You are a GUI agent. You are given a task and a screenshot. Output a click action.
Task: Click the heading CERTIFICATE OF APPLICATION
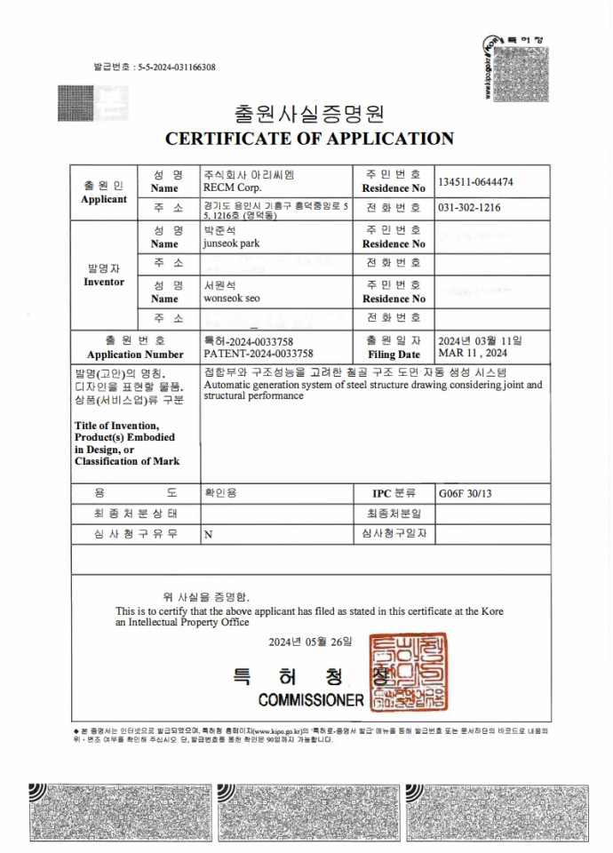[309, 139]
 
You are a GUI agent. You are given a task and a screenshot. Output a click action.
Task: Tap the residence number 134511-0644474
[475, 182]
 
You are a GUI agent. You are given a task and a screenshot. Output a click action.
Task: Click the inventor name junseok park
[231, 243]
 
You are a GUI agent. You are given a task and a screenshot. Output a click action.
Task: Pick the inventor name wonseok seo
[232, 299]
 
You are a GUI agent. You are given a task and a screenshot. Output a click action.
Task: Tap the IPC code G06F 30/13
[464, 492]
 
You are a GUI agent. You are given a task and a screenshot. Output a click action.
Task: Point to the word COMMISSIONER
[311, 700]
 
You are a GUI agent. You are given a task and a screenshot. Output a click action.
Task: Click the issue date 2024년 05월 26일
[310, 642]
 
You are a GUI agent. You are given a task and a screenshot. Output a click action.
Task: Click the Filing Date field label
[394, 354]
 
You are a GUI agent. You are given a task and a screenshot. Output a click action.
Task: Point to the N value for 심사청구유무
[208, 535]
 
